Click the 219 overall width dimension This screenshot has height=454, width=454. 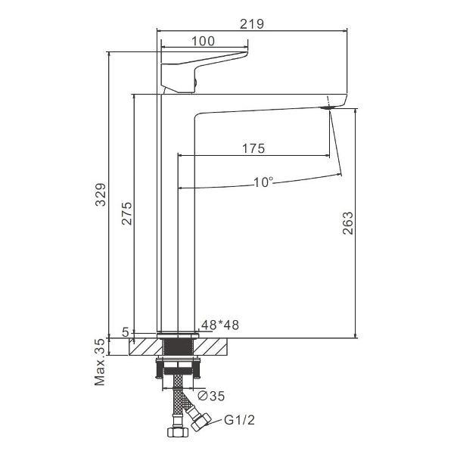point(252,23)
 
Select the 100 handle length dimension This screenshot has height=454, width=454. point(204,41)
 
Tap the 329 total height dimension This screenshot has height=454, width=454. point(101,194)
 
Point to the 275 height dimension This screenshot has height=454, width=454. point(126,213)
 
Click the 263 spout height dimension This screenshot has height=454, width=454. point(348,223)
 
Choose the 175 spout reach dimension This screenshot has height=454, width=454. point(253,148)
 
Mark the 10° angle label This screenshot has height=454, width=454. point(263,182)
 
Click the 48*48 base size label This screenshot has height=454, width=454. point(220,325)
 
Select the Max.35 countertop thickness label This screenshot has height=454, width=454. point(100,362)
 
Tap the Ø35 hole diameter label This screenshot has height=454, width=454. point(211,396)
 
